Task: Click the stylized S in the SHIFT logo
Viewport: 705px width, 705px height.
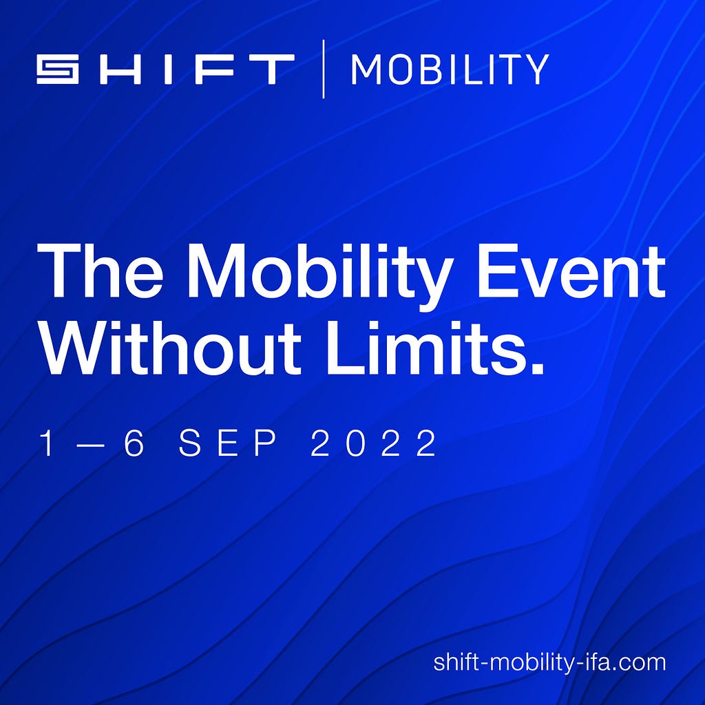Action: (58, 70)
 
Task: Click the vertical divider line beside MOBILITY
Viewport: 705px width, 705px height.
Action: (324, 69)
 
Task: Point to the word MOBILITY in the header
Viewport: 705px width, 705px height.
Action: (450, 69)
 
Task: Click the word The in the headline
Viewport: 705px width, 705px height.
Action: (100, 271)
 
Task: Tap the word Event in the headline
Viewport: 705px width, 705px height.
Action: (571, 271)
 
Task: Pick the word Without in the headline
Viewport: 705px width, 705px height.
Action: (171, 348)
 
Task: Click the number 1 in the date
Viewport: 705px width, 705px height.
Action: (47, 443)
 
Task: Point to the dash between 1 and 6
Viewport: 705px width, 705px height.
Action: (94, 444)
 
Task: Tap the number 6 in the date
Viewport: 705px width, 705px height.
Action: (134, 443)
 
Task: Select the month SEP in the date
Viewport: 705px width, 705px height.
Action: (227, 443)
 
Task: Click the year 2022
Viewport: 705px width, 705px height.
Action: (373, 443)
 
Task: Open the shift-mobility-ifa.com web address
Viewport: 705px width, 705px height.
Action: (549, 663)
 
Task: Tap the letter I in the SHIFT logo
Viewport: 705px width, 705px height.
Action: (169, 70)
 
